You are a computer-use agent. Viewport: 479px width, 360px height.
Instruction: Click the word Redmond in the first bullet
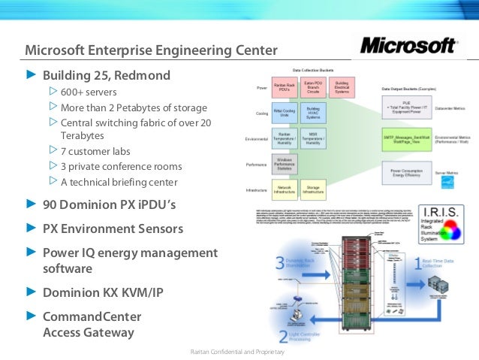[x=145, y=75]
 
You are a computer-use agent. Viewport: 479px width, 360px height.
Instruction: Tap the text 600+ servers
[x=88, y=92]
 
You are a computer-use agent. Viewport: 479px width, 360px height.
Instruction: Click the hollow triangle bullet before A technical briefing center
[x=53, y=181]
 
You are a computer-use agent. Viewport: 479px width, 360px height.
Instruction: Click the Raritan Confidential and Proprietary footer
[x=237, y=352]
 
